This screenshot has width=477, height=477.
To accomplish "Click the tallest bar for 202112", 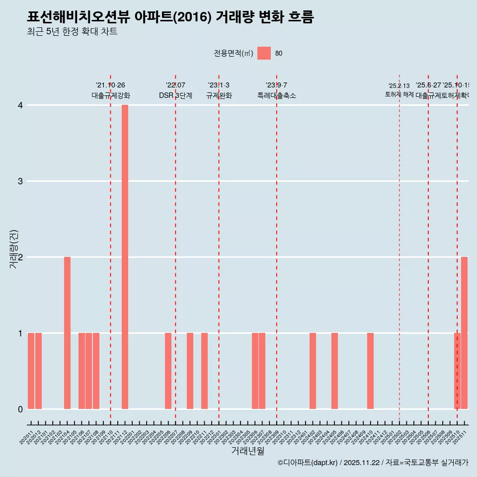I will [125, 257].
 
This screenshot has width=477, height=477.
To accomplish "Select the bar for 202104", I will [67, 333].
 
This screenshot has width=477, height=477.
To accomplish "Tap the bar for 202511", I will [464, 333].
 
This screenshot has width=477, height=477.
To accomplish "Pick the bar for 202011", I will [31, 371].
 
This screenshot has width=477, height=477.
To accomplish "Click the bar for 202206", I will [168, 371].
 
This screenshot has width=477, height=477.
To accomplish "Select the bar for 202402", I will [313, 371].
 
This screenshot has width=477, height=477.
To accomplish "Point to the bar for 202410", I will [370, 371].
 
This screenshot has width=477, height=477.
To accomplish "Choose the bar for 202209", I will [190, 371].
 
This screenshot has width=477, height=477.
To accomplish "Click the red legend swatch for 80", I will [264, 54].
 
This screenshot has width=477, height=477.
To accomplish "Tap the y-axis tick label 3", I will [20, 181].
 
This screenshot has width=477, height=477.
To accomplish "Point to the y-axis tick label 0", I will [20, 409].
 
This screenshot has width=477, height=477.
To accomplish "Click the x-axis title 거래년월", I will [247, 451].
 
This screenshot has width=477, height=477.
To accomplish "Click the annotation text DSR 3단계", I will [175, 95].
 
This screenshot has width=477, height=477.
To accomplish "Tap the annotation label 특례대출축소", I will [276, 95].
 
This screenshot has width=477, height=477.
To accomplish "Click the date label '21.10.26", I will [110, 85].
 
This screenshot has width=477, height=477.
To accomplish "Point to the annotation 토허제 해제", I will [399, 94].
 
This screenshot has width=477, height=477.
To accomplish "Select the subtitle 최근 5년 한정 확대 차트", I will [72, 32].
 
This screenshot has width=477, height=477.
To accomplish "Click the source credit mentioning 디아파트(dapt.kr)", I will [373, 463].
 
